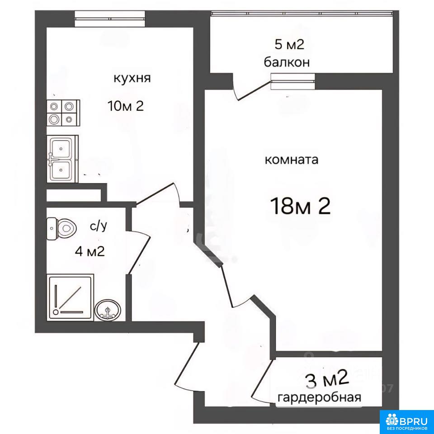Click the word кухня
click(132, 78)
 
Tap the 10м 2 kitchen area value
click(126, 106)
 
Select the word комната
click(292, 160)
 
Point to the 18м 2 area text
click(301, 206)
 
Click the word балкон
click(287, 62)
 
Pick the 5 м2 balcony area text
click(289, 45)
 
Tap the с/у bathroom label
click(99, 226)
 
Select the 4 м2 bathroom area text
click(90, 252)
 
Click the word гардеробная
click(320, 398)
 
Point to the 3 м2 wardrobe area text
click(326, 381)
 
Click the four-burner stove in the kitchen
click(63, 113)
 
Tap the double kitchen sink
click(62, 159)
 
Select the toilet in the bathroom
click(61, 228)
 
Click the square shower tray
click(71, 297)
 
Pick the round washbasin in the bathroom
click(108, 311)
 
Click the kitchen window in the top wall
click(109, 19)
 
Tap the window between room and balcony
click(293, 81)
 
